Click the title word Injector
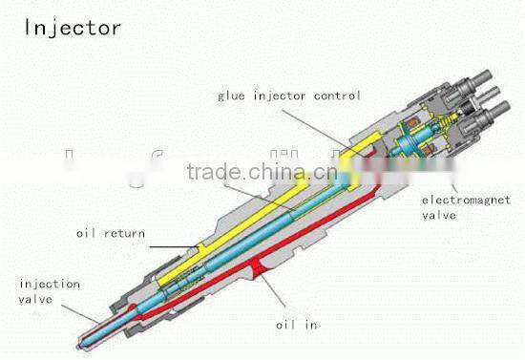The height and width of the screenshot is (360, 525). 73,26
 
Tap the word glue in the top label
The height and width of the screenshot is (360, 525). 236,95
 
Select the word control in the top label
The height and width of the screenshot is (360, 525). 335,95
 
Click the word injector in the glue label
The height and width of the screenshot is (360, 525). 283,95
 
